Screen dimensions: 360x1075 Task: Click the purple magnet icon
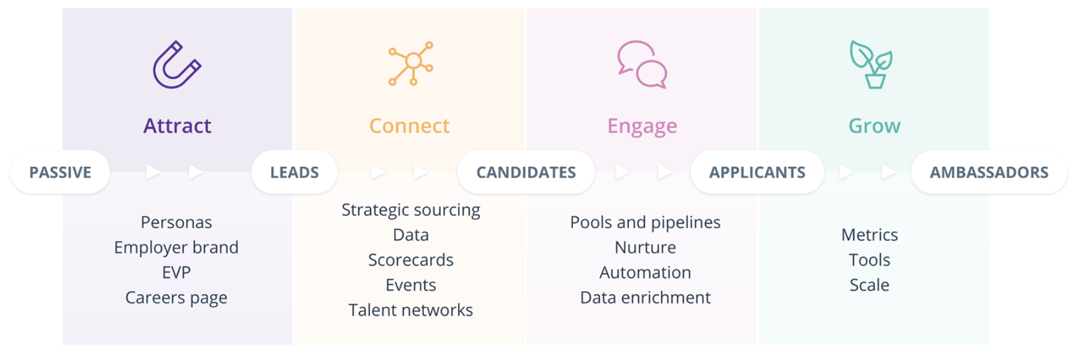pyautogui.click(x=177, y=65)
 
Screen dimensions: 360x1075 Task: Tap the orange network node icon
pyautogui.click(x=411, y=63)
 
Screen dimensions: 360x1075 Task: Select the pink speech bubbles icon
pyautogui.click(x=642, y=65)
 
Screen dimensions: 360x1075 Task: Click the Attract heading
pyautogui.click(x=178, y=126)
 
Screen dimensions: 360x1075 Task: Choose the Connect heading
pyautogui.click(x=410, y=126)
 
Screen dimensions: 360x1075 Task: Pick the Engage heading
pyautogui.click(x=642, y=127)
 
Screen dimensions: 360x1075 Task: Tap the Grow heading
pyautogui.click(x=874, y=126)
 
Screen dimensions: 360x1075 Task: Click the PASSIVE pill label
pyautogui.click(x=60, y=173)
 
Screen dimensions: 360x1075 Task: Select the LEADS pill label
pyautogui.click(x=294, y=173)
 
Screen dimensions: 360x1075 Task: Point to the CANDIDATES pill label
pyautogui.click(x=526, y=173)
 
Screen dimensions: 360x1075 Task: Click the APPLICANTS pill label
pyautogui.click(x=757, y=173)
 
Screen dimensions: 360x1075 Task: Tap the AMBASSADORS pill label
pyautogui.click(x=989, y=173)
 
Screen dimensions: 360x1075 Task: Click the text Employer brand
pyautogui.click(x=176, y=248)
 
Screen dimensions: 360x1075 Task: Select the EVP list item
pyautogui.click(x=176, y=272)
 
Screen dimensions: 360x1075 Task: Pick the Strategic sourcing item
pyautogui.click(x=411, y=210)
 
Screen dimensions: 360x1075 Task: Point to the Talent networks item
pyautogui.click(x=411, y=310)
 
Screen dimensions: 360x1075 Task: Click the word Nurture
pyautogui.click(x=645, y=248)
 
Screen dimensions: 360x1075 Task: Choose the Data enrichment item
pyautogui.click(x=645, y=298)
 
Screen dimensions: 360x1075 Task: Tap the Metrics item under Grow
pyautogui.click(x=870, y=235)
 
